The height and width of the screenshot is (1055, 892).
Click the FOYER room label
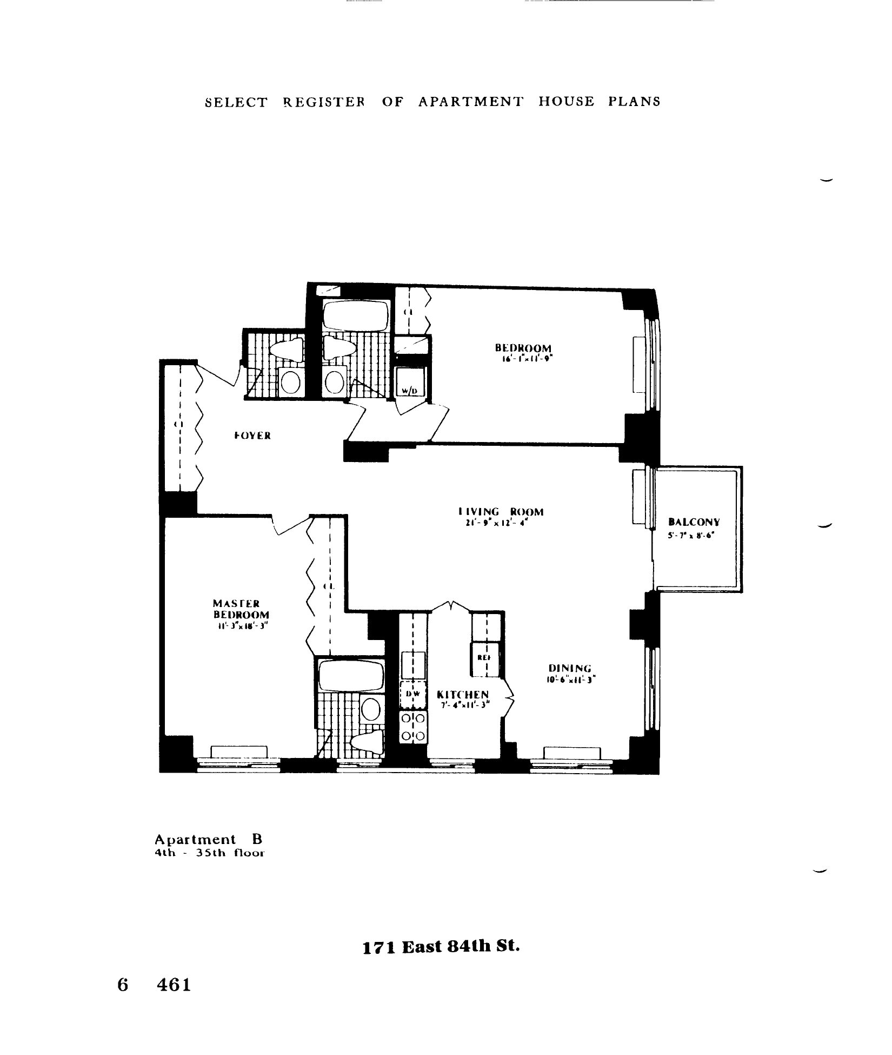252,436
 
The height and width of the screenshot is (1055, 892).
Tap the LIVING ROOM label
500,512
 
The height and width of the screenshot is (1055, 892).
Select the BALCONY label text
694,522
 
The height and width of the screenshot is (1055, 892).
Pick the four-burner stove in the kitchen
413,727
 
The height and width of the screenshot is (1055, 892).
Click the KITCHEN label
463,695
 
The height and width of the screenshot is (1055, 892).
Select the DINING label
570,668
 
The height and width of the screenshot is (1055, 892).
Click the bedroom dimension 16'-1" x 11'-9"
524,358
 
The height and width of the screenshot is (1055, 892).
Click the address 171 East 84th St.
441,947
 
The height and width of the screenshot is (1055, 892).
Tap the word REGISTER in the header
324,102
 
